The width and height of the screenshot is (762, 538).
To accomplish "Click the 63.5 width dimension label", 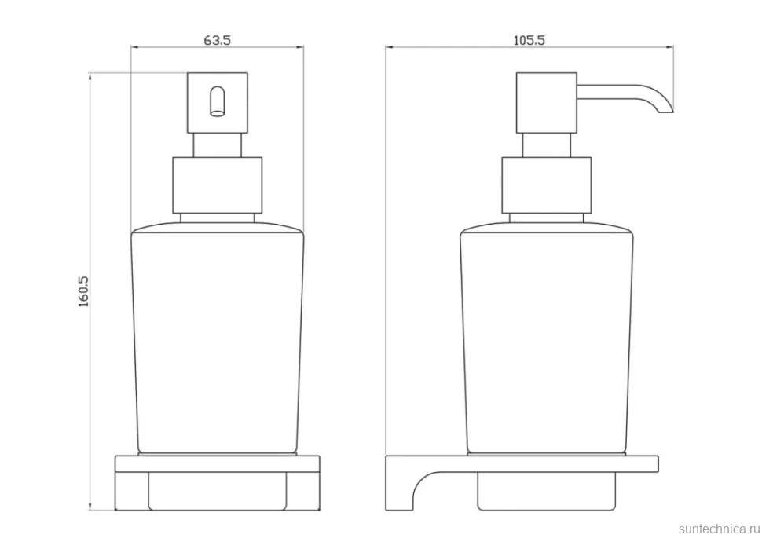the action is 217,40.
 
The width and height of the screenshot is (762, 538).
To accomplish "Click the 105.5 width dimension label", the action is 529,40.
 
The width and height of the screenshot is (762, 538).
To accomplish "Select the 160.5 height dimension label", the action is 83,291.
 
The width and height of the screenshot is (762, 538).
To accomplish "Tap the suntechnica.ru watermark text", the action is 719,529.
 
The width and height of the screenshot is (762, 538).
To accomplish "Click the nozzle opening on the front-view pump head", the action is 218,101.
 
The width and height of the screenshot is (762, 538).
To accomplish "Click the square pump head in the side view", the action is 546,103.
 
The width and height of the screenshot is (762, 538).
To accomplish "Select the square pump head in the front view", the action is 218,103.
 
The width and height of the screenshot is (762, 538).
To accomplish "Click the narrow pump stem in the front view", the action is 218,145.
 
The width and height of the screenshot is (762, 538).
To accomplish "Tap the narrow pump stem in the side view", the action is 546,145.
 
